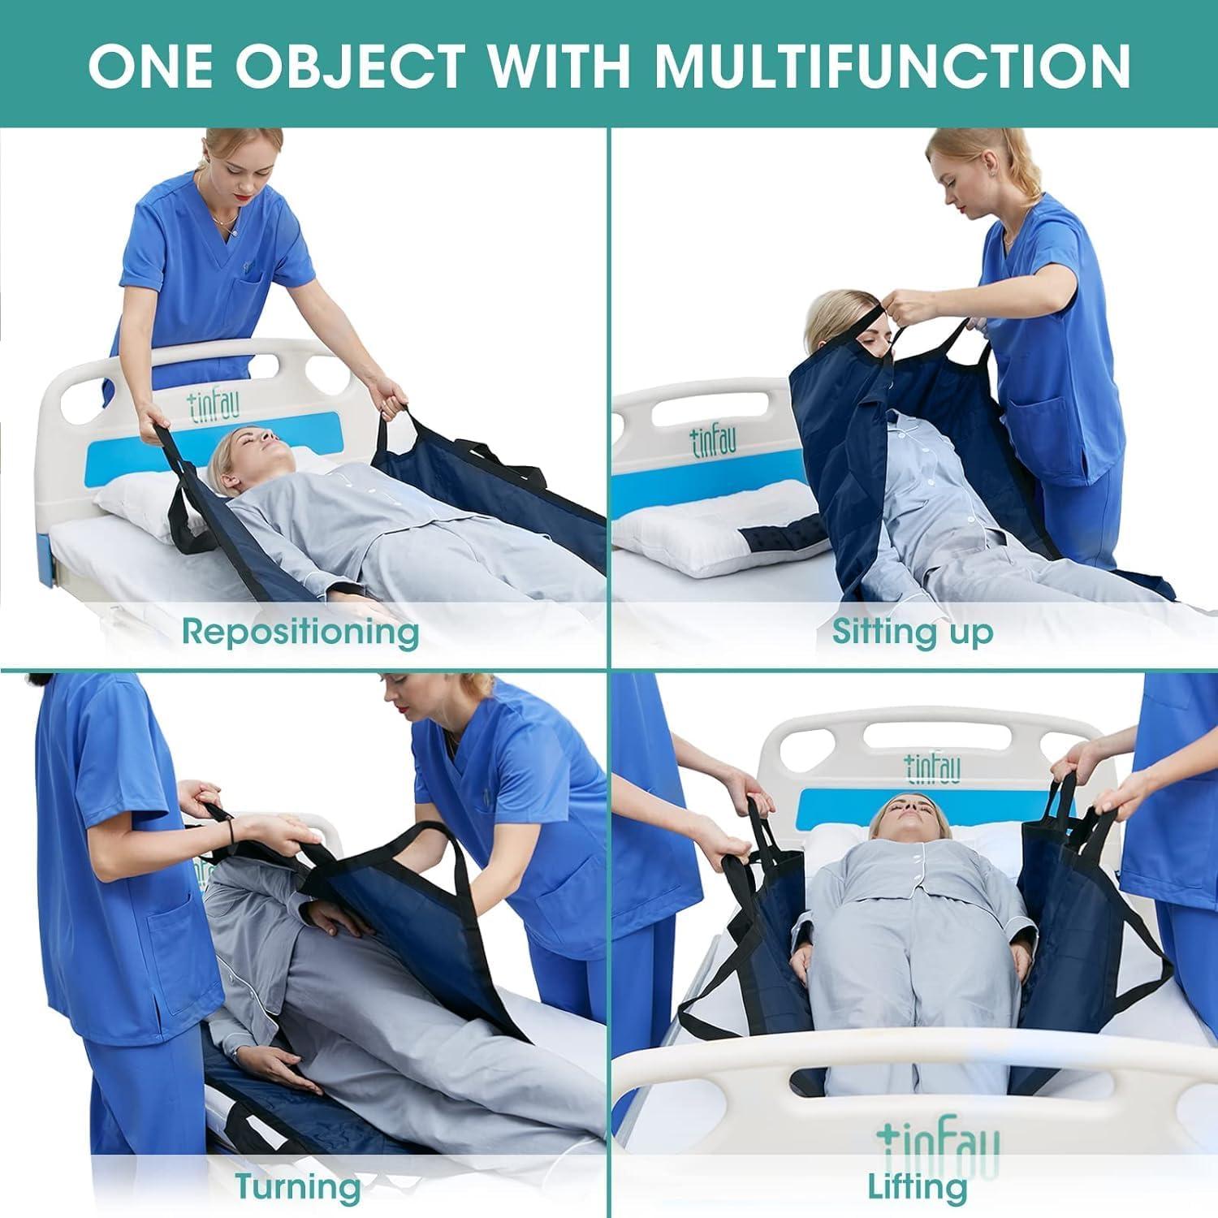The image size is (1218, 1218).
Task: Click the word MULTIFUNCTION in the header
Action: (x=893, y=65)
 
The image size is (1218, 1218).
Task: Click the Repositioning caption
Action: (x=300, y=631)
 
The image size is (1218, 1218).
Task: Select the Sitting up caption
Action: (x=912, y=631)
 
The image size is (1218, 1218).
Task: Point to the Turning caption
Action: (x=298, y=1187)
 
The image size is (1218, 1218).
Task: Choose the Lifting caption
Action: (x=918, y=1187)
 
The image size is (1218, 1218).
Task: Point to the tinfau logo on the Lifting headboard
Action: (x=933, y=767)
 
